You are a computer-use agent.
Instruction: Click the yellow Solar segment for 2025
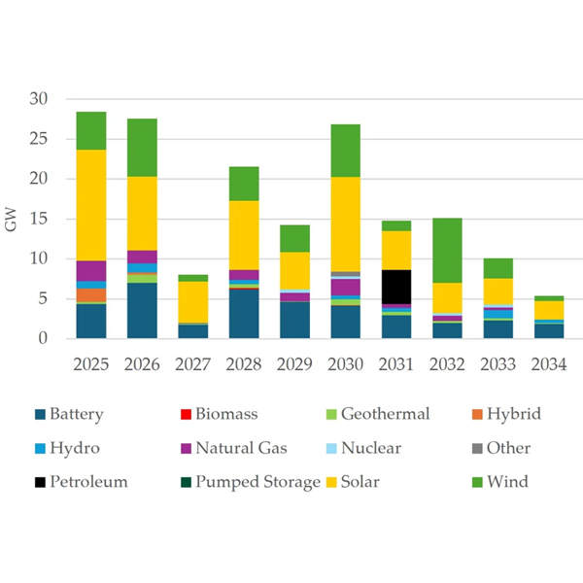[91, 205]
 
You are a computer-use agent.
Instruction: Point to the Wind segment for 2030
[345, 151]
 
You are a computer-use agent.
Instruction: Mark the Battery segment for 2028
[243, 314]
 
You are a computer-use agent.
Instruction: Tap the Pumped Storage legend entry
[257, 481]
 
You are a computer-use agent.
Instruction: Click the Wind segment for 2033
[497, 268]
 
